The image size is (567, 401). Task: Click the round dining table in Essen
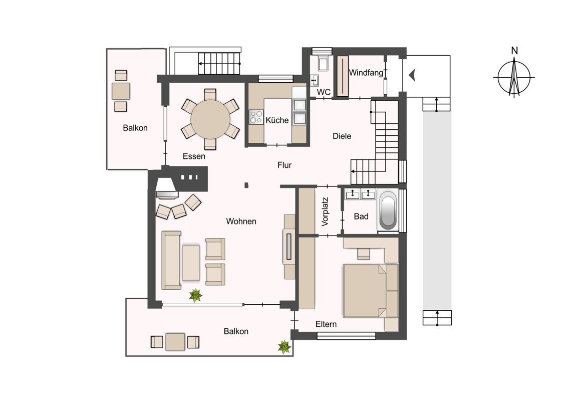pos(210,119)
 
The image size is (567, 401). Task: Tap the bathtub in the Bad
pos(388,210)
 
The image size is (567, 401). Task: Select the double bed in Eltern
pos(370,291)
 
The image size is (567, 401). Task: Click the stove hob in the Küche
pos(256,117)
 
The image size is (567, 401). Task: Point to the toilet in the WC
pos(323,63)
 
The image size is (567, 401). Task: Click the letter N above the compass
pos(514,51)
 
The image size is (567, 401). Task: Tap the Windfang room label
pos(366,73)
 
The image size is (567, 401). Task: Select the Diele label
pos(342,136)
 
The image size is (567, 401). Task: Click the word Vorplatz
pos(325,212)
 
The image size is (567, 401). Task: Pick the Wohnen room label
pos(241,221)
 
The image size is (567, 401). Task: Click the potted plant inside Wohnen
pos(196,295)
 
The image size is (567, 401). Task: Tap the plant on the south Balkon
pos(284,347)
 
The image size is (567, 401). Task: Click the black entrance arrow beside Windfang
pos(412,75)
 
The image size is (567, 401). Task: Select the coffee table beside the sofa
pos(191,263)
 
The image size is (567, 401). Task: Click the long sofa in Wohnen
pos(171,260)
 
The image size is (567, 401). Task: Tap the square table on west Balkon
pos(121,91)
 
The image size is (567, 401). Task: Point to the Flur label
pos(284,165)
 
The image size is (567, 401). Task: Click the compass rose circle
pos(514,78)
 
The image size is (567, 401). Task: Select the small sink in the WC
pos(314,80)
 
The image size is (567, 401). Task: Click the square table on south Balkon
pos(175,342)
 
